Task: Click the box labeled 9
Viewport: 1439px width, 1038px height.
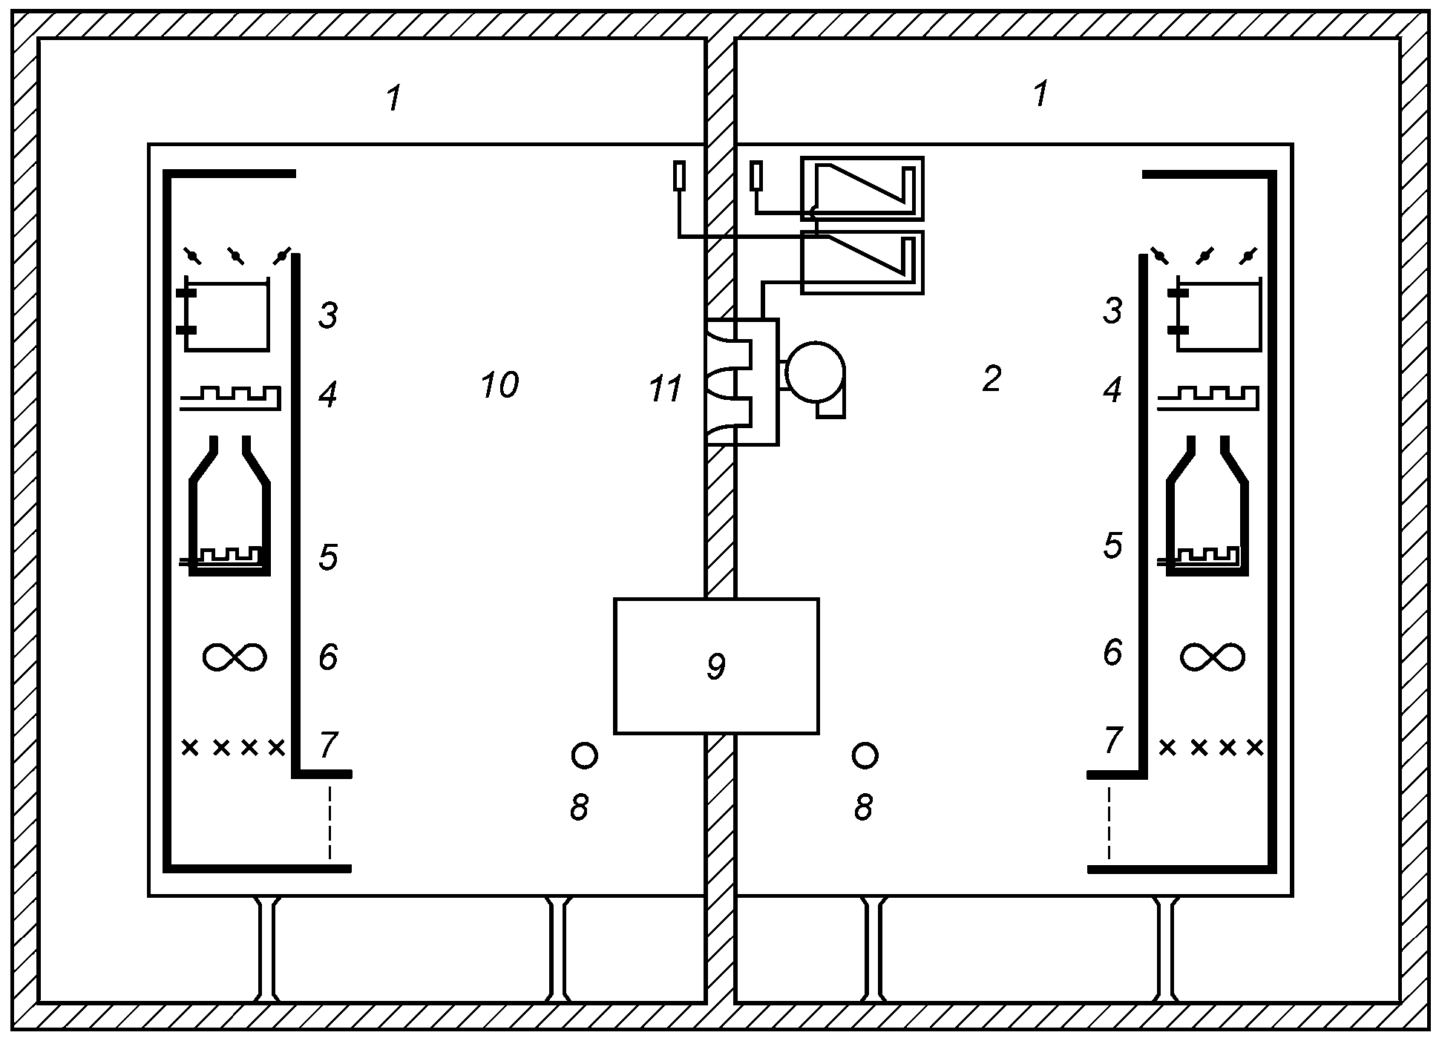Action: point(716,666)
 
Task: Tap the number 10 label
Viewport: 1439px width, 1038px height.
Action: point(499,385)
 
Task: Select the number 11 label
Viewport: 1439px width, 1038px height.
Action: point(665,390)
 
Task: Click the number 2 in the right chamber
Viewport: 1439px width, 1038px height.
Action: point(991,379)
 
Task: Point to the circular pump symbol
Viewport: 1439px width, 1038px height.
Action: point(815,371)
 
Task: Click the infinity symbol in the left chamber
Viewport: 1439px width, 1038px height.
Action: point(235,657)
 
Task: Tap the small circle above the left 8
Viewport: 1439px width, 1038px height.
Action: point(585,755)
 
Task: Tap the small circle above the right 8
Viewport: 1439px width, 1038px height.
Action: point(865,755)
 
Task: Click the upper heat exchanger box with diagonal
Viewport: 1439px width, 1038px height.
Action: point(862,188)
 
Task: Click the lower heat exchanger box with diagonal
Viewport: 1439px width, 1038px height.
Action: point(862,262)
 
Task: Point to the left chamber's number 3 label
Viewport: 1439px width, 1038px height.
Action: point(328,315)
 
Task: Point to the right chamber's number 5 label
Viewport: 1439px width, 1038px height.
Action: point(1112,545)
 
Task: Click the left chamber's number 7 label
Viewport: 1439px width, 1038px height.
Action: point(328,745)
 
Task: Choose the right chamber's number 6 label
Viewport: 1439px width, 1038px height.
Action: point(1112,652)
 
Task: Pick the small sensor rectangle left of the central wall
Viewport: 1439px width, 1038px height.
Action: point(678,177)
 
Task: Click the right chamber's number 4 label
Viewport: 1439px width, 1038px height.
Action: point(1112,390)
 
